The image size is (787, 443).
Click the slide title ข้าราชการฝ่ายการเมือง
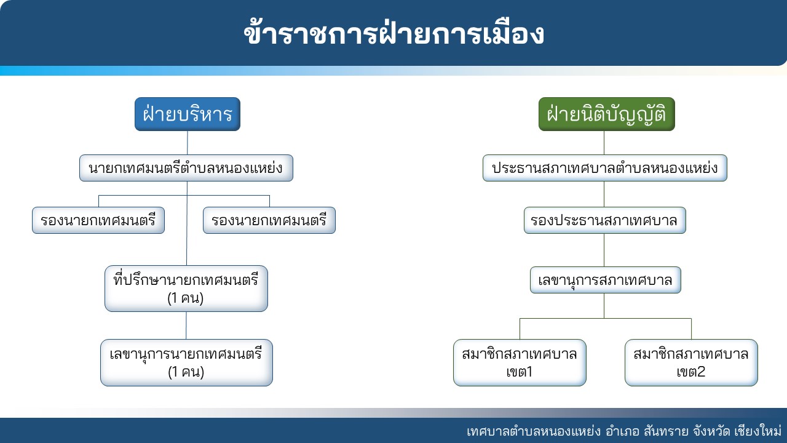(x=393, y=34)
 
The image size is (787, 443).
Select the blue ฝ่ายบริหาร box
(x=188, y=114)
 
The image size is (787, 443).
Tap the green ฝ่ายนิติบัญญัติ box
(x=607, y=114)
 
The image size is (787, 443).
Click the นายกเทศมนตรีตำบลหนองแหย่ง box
(x=186, y=168)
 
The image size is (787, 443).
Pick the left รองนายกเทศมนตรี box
(x=98, y=220)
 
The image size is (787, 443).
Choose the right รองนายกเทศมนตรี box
(x=269, y=220)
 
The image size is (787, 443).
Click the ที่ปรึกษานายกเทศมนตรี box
(x=186, y=289)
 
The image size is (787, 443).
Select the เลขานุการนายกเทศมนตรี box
(x=186, y=362)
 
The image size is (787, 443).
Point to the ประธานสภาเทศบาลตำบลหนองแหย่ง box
(x=604, y=168)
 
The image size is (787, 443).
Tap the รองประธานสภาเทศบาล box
(x=604, y=220)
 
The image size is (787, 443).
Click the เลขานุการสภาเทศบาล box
(x=606, y=280)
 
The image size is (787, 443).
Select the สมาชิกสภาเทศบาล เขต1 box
(x=520, y=362)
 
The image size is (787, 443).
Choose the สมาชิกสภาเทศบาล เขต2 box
(x=691, y=362)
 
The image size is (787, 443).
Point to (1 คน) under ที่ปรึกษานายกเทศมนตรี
(x=186, y=298)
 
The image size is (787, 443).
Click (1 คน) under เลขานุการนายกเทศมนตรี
(x=186, y=372)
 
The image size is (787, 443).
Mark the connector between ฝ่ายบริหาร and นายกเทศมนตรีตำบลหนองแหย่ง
(x=188, y=143)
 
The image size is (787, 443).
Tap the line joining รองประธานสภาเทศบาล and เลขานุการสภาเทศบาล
(x=604, y=250)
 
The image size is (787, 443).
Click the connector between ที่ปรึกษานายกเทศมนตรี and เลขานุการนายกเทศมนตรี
(x=186, y=325)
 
